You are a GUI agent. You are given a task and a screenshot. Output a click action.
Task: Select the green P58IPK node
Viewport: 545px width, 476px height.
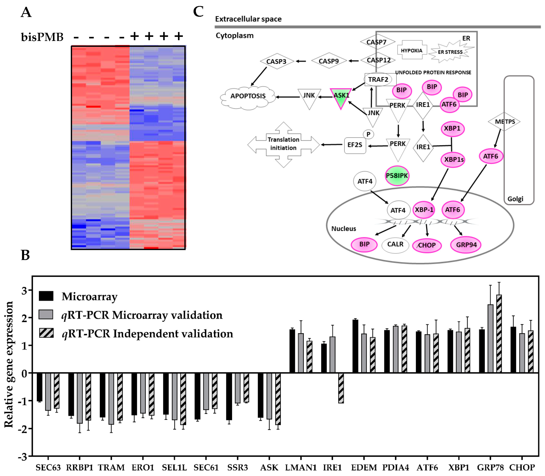(x=397, y=176)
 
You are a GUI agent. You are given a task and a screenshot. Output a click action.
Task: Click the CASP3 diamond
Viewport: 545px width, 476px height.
(x=276, y=61)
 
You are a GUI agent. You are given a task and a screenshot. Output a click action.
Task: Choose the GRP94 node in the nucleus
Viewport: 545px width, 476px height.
(x=466, y=245)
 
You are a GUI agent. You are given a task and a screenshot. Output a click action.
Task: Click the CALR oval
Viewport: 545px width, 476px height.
(x=395, y=244)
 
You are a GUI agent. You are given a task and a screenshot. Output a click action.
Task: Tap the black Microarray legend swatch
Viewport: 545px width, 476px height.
(x=46, y=296)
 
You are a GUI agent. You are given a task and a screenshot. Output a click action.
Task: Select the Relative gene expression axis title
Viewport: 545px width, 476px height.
(x=9, y=364)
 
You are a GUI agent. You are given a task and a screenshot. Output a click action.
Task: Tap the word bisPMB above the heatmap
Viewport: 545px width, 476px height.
(x=42, y=37)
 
